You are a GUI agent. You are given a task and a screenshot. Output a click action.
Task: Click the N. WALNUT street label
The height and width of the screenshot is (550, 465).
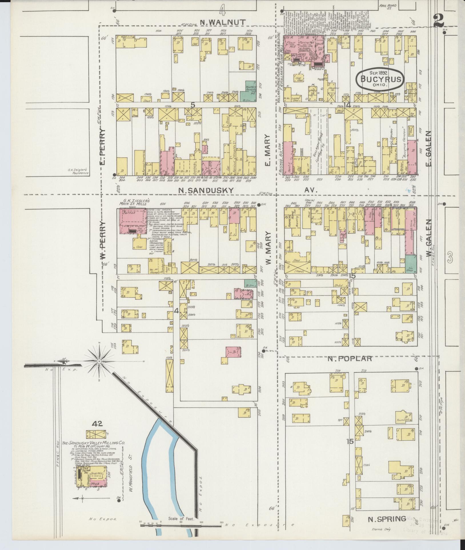tap(223, 22)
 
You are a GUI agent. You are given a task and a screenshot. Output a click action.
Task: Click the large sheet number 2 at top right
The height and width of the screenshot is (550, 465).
tap(439, 21)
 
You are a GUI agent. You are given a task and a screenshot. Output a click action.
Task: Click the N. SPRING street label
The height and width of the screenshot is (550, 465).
tap(387, 519)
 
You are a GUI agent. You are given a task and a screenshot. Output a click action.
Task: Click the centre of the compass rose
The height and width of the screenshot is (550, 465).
tap(99, 362)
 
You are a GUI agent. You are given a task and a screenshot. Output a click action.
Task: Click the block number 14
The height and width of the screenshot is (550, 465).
tap(347, 105)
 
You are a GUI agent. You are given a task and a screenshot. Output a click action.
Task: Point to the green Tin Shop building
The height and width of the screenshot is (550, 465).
tap(411, 265)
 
